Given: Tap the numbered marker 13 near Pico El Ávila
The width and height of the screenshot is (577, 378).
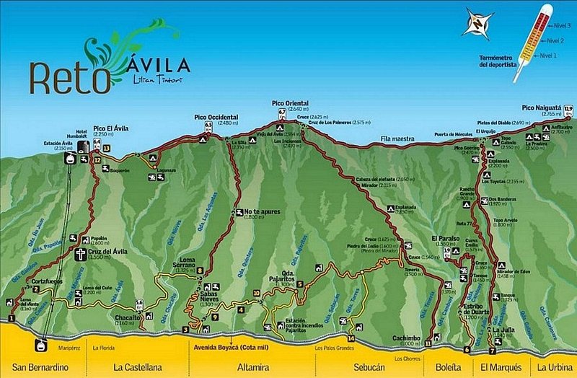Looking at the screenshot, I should tap(107, 148).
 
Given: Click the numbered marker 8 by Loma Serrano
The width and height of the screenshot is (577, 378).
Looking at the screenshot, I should tap(200, 271).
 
